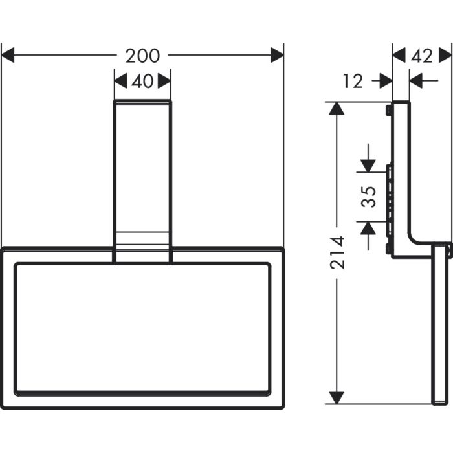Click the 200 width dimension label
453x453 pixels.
[142, 56]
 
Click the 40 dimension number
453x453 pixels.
[142, 82]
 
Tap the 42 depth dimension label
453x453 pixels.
[421, 56]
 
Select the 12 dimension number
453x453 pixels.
[353, 82]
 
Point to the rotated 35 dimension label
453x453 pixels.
[368, 196]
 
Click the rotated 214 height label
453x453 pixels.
[337, 252]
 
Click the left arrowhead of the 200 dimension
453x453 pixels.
[8, 56]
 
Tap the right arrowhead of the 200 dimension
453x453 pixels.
[277, 56]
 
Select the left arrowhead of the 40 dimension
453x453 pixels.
[120, 81]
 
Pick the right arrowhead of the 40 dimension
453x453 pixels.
[164, 81]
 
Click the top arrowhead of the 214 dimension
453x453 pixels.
[336, 108]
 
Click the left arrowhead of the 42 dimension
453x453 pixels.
[399, 56]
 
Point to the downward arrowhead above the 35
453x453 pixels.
[368, 166]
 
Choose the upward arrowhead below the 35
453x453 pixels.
[368, 227]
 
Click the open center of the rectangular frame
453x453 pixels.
[142, 327]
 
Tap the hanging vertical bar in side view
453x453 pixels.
[440, 324]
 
